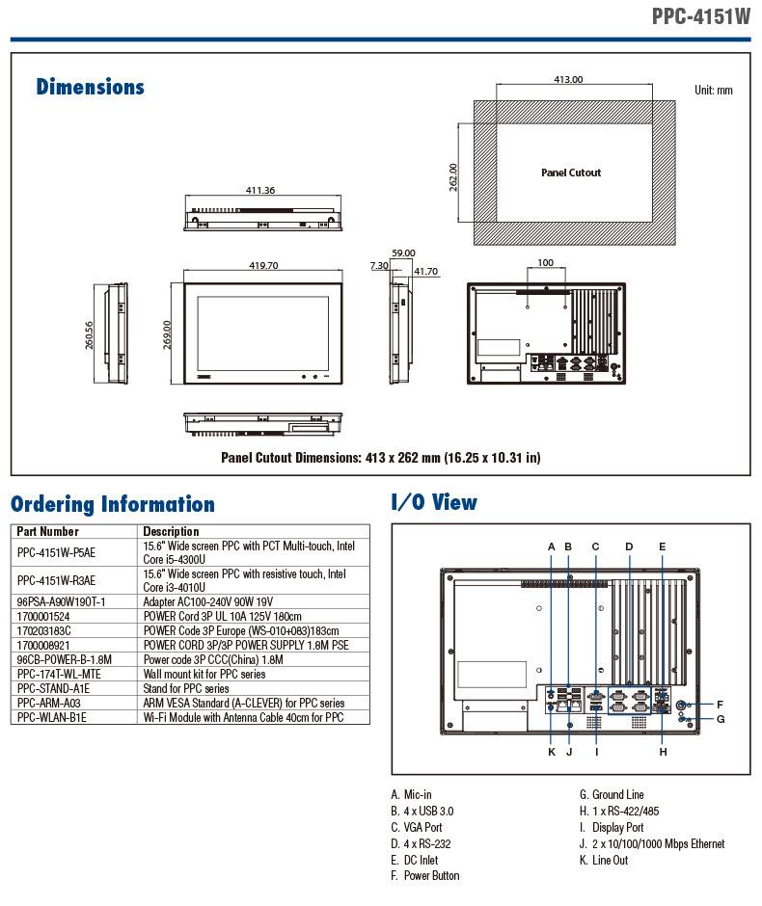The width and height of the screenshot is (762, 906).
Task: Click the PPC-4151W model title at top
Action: click(700, 15)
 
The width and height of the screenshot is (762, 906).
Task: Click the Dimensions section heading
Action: click(90, 88)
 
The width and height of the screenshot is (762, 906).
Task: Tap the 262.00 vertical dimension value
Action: click(453, 177)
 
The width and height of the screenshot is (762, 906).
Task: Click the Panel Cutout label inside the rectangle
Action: click(570, 173)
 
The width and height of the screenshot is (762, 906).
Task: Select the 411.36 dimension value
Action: click(260, 190)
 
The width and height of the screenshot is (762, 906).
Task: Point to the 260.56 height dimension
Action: click(89, 335)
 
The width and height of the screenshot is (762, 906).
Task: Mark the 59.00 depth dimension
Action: click(402, 253)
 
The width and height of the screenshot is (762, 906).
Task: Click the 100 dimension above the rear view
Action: click(545, 263)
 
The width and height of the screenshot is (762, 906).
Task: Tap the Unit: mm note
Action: click(713, 91)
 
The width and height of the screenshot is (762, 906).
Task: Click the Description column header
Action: click(171, 531)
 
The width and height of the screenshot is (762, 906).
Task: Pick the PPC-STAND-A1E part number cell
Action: click(53, 689)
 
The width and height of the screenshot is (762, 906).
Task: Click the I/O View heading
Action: click(433, 502)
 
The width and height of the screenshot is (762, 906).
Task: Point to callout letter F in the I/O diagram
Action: click(720, 704)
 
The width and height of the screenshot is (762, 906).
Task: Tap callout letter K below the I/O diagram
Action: click(552, 752)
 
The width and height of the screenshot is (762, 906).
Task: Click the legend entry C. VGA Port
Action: click(417, 827)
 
